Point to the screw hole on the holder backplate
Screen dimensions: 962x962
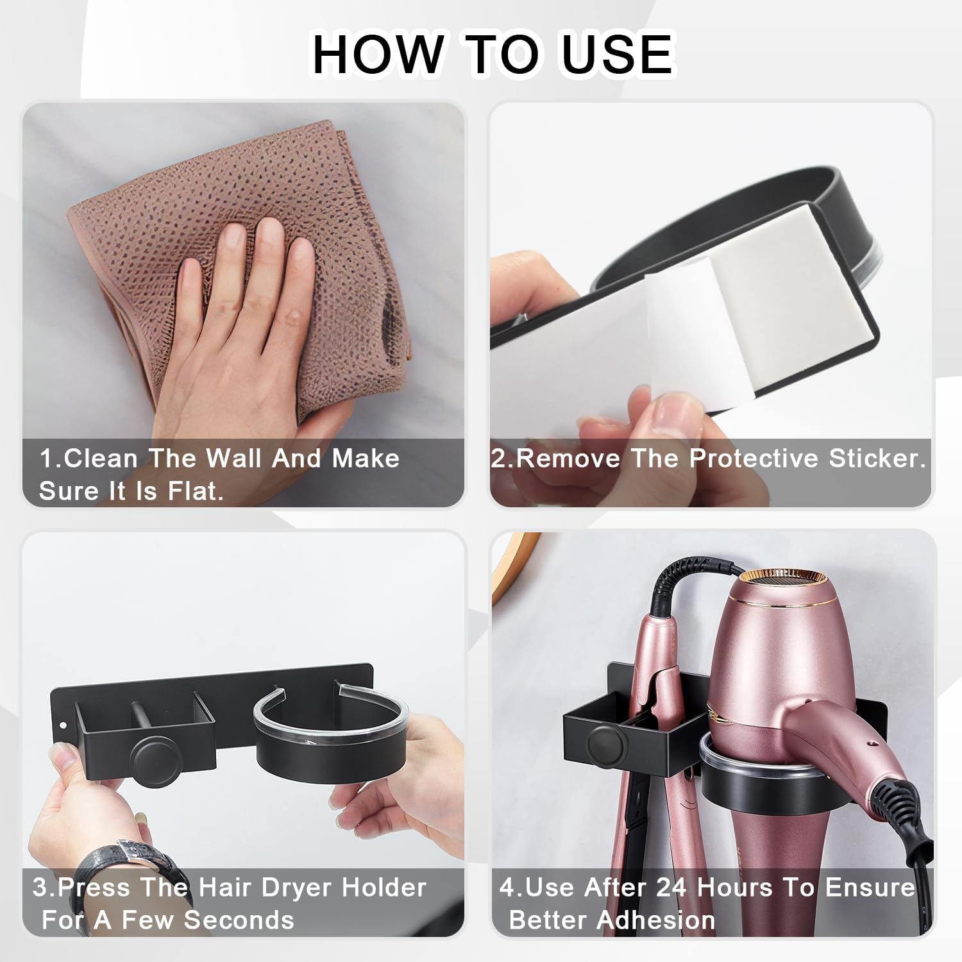[63, 725]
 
